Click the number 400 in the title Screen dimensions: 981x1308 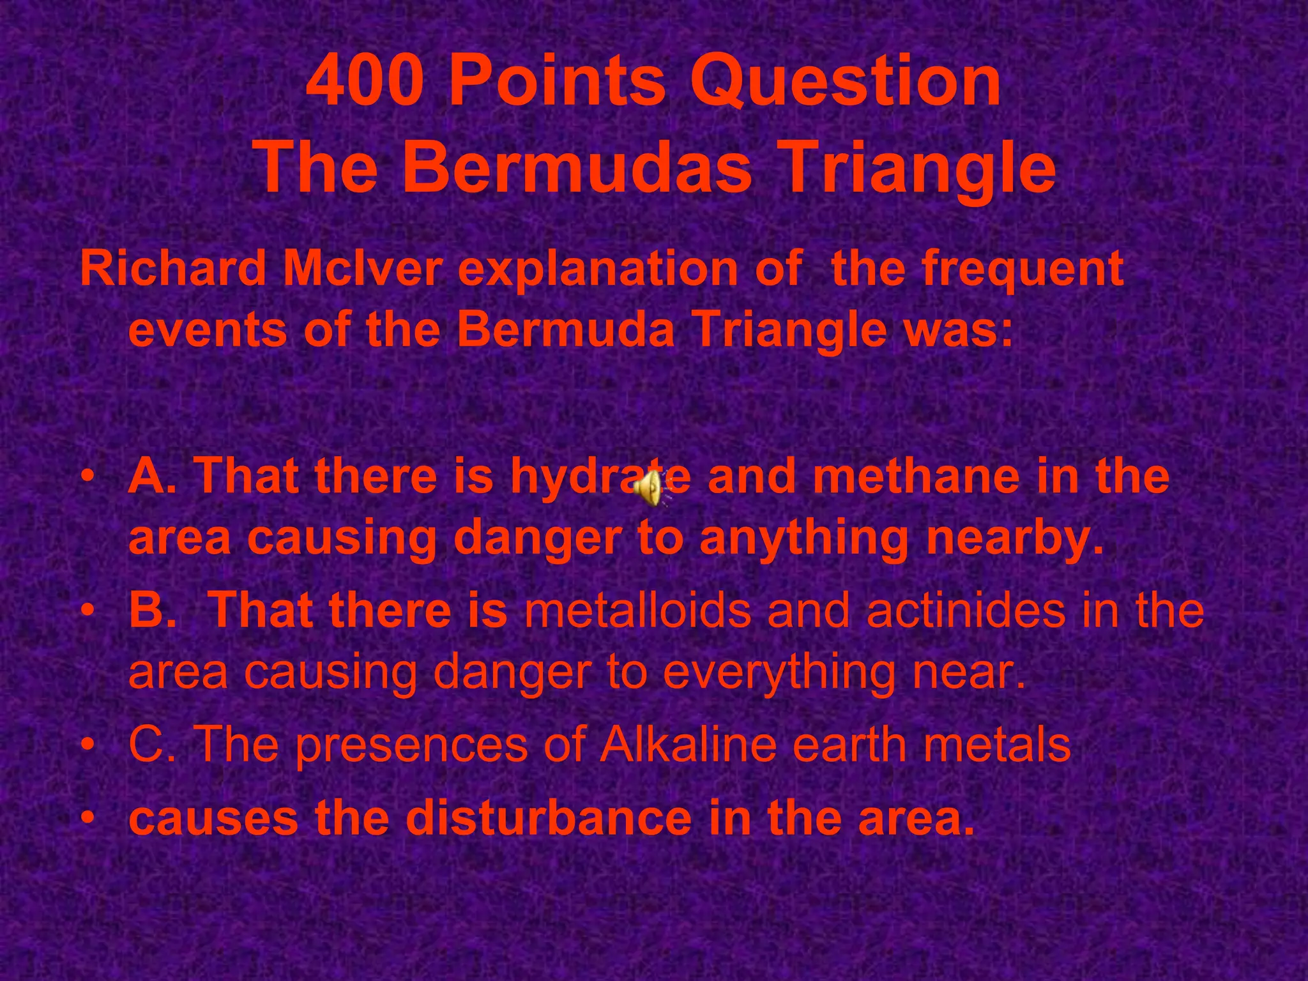365,82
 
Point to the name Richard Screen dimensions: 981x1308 173,269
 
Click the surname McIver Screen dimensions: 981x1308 363,269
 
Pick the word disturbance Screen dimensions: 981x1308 549,818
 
